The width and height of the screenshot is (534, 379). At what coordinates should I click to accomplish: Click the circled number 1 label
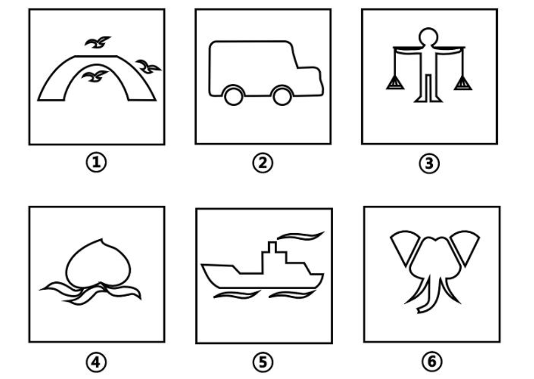[x=96, y=162]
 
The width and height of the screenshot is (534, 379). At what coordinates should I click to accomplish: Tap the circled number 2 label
[x=262, y=163]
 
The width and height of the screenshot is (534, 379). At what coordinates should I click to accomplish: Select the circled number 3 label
[x=429, y=163]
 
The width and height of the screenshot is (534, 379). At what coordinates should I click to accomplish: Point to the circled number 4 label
[x=96, y=362]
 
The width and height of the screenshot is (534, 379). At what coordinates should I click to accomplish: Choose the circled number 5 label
[x=263, y=362]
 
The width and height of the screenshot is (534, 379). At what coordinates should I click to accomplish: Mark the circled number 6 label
[x=432, y=361]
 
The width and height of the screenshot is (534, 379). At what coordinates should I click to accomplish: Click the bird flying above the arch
[x=97, y=43]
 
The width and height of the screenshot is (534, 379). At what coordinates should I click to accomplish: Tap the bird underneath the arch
[x=95, y=77]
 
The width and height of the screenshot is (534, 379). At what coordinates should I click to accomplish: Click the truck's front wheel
[x=282, y=96]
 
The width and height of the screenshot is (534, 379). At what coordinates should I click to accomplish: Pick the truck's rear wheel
[x=233, y=96]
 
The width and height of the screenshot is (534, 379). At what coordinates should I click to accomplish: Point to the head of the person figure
[x=428, y=37]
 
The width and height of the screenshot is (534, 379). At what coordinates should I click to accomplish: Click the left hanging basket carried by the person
[x=395, y=83]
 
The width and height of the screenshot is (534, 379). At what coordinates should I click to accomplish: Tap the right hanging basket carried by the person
[x=463, y=83]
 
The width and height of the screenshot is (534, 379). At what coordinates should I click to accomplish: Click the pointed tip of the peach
[x=102, y=239]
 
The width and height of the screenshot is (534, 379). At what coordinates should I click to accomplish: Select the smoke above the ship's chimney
[x=301, y=235]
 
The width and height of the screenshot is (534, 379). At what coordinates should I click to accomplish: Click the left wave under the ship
[x=238, y=294]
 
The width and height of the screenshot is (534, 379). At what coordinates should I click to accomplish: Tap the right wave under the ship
[x=292, y=294]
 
